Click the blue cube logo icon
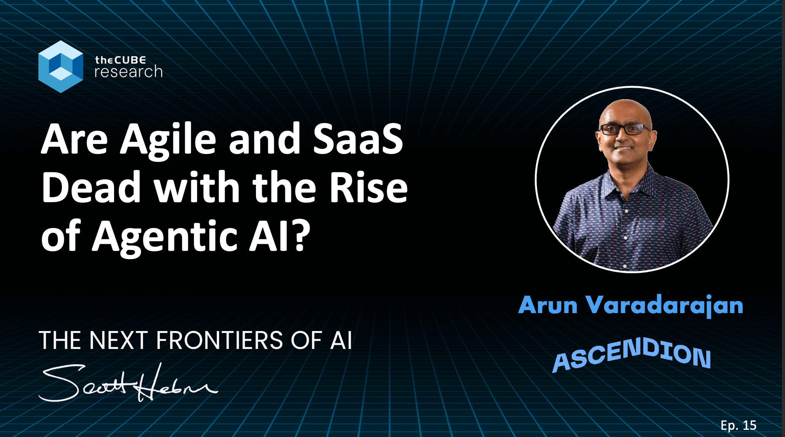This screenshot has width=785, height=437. point(60,66)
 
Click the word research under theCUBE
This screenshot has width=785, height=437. point(129,72)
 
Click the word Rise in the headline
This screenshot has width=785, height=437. point(368,187)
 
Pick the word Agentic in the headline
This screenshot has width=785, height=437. point(164,236)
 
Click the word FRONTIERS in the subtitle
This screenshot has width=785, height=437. point(219,340)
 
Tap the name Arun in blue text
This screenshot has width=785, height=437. point(548,305)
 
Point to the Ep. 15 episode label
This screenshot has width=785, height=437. point(738,425)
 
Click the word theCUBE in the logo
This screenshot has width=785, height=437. point(120,60)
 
